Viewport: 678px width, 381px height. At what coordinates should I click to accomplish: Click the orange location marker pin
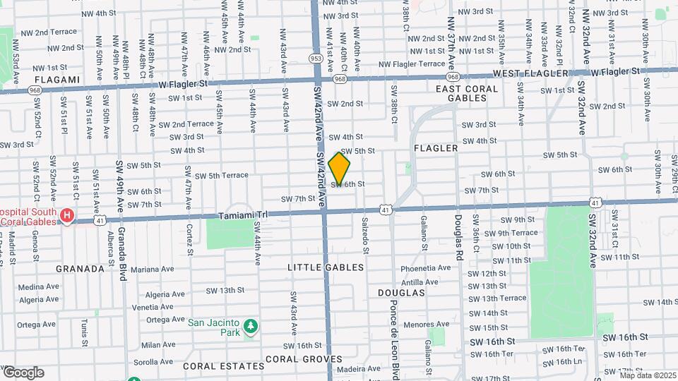tap(339, 169)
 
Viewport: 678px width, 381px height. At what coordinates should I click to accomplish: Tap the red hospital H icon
tap(67, 214)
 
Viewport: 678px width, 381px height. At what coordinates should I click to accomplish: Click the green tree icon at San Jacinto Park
tap(250, 327)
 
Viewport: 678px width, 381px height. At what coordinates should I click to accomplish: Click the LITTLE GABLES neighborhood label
tap(326, 267)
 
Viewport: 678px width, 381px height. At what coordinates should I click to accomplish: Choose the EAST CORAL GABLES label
tap(466, 94)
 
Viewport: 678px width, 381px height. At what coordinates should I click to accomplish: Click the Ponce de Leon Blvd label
tap(395, 332)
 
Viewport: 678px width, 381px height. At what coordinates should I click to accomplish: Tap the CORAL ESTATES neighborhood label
tap(214, 366)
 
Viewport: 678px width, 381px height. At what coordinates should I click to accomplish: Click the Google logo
tap(23, 372)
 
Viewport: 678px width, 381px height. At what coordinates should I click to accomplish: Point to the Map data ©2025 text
tap(648, 375)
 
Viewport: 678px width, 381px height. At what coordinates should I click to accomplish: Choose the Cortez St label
tap(190, 239)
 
